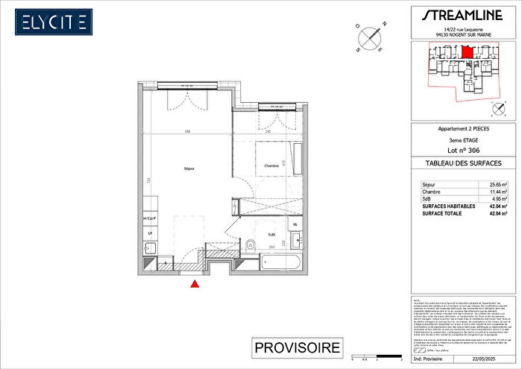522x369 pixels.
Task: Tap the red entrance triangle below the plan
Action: tap(195, 283)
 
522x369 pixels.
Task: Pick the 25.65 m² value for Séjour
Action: tap(498, 183)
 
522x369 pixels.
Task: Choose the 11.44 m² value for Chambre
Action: tap(498, 192)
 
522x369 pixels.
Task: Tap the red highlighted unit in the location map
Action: tap(467, 52)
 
